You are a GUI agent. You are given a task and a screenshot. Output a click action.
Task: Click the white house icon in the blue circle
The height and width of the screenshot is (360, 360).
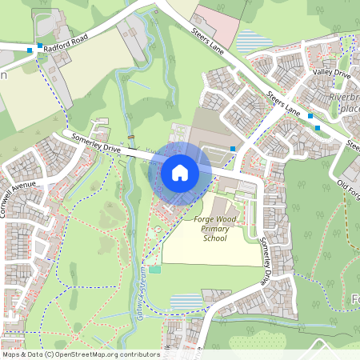click(x=180, y=172)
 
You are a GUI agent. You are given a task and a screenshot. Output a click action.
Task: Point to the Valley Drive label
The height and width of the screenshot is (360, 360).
click(x=332, y=74)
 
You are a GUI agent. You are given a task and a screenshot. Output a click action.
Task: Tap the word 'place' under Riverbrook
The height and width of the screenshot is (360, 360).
click(x=351, y=109)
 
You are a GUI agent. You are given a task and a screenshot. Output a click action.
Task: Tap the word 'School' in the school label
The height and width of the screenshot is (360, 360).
click(x=214, y=238)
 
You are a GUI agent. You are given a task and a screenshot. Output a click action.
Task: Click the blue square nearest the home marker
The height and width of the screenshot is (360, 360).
click(x=233, y=149)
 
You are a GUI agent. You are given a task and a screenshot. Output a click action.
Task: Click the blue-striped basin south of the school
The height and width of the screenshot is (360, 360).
click(x=187, y=302)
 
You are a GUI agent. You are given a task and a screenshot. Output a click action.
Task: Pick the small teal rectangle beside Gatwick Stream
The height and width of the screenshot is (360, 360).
click(x=154, y=269)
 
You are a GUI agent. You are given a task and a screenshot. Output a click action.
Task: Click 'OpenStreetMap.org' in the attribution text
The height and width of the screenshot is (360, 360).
click(x=98, y=354)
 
